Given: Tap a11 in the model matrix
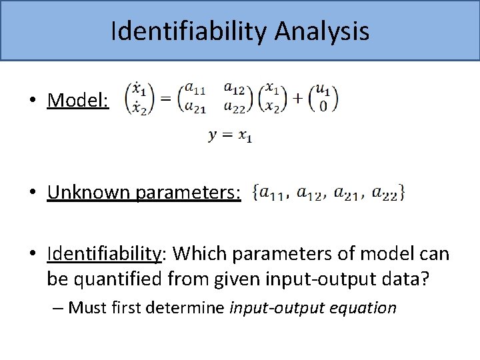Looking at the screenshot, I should click(195, 88).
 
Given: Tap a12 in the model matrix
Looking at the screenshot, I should click(235, 87).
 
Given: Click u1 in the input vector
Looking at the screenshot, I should click(323, 88).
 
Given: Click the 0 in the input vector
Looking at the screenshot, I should click(323, 107).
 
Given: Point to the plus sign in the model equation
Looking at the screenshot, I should click(297, 98).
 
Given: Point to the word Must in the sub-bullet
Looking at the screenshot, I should click(86, 308).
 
